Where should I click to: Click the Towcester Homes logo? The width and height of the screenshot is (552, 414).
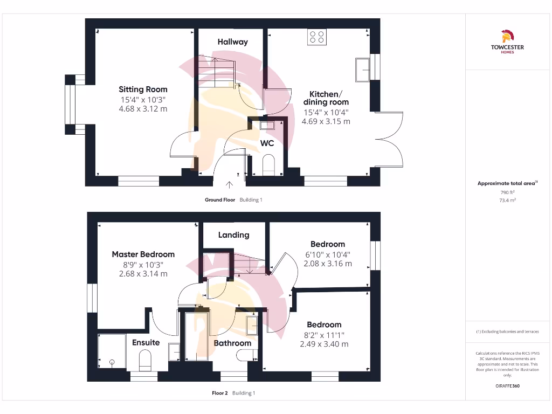507,42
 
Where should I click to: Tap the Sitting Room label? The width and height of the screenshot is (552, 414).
143,89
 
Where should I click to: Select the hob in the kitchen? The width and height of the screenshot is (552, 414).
316,37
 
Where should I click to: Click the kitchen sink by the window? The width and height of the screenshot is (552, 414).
362,70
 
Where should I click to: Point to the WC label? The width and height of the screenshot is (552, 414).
267,143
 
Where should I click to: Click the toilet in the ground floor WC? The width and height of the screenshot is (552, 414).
268,164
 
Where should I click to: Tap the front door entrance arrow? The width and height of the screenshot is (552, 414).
229,185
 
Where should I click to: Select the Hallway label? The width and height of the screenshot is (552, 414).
233,42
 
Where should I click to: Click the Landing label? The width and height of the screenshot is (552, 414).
233,235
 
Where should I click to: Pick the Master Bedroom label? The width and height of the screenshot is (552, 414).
143,254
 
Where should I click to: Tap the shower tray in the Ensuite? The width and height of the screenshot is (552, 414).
112,351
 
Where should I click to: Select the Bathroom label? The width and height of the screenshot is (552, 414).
232,343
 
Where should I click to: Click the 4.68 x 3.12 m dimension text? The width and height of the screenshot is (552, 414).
143,108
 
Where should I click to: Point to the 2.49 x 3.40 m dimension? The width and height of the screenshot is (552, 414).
324,344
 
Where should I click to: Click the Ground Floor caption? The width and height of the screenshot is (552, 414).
220,200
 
